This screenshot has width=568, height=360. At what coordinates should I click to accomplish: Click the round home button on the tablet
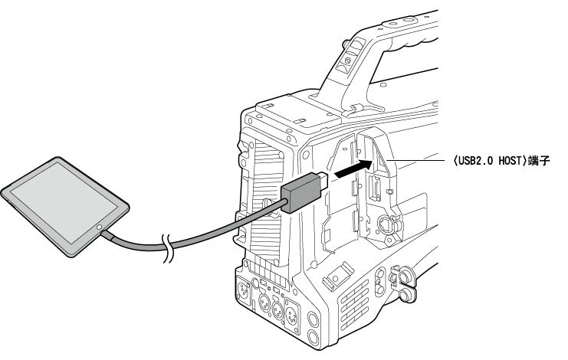point(99,227)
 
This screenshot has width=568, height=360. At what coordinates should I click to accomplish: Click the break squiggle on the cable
point(167,248)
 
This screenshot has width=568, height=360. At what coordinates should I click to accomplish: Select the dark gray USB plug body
point(301,192)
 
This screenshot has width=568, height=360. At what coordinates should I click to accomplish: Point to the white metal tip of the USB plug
point(323,179)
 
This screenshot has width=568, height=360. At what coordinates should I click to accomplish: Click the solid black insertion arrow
point(353,169)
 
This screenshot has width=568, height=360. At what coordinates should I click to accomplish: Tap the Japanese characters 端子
point(539,161)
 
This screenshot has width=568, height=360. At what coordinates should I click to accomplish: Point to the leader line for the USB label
point(416,160)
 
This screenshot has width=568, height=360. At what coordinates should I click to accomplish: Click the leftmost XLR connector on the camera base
point(243,290)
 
